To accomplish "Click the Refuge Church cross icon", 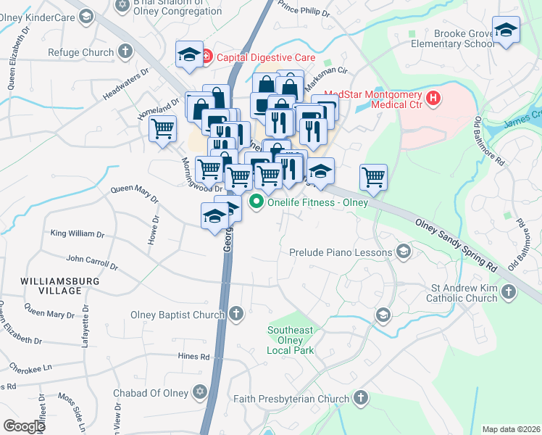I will pos(125,52).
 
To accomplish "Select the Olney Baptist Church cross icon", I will pos(235,314).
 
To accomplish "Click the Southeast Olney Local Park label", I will pos(291,340).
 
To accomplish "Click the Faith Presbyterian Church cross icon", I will pos(361,398).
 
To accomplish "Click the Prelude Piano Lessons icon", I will pos(404,252).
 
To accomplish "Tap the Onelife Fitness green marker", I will pos(256,203).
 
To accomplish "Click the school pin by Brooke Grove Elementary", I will pos(506,30).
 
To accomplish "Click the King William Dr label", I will pos(78,233).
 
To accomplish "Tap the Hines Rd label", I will pos(193,356).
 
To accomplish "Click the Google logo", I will pos(24,426).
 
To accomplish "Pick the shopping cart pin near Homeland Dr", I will pos(163,128).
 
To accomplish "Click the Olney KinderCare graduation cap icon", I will pos(86,16).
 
